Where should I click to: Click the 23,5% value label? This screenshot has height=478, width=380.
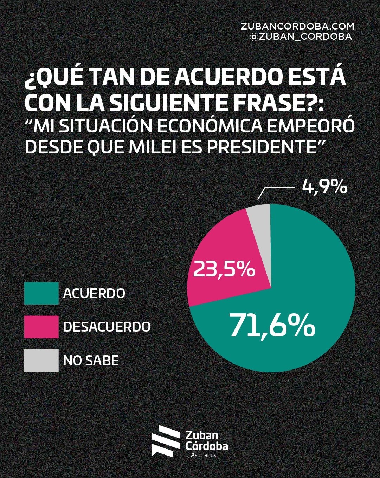point(224,270)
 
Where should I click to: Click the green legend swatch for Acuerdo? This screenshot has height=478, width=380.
point(41,293)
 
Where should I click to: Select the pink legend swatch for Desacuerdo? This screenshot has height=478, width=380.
point(41,327)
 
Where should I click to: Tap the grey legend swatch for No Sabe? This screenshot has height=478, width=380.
point(41,360)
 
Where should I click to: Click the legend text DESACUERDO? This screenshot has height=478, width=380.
point(107,327)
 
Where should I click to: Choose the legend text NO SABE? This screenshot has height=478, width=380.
point(91,360)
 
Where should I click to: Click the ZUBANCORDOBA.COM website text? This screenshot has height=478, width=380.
point(297,26)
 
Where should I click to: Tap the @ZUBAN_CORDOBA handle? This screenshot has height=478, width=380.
point(300,37)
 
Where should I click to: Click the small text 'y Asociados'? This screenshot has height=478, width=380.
point(201,456)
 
